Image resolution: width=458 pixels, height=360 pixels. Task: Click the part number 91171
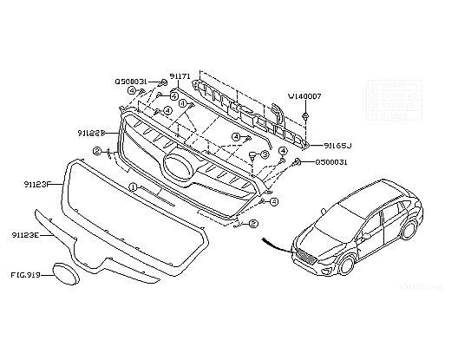click(x=180, y=77)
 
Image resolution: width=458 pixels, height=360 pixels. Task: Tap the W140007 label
click(x=304, y=96)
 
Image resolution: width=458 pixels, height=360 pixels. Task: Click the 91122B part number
click(x=90, y=133)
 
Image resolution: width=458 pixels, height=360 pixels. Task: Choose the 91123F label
click(x=38, y=185)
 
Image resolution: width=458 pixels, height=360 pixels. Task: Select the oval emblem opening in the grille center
click(x=179, y=169)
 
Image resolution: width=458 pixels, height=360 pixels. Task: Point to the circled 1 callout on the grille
click(x=133, y=187)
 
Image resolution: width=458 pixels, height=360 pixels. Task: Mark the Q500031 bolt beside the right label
click(x=297, y=161)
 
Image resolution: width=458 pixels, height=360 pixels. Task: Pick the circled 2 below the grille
click(x=253, y=223)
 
